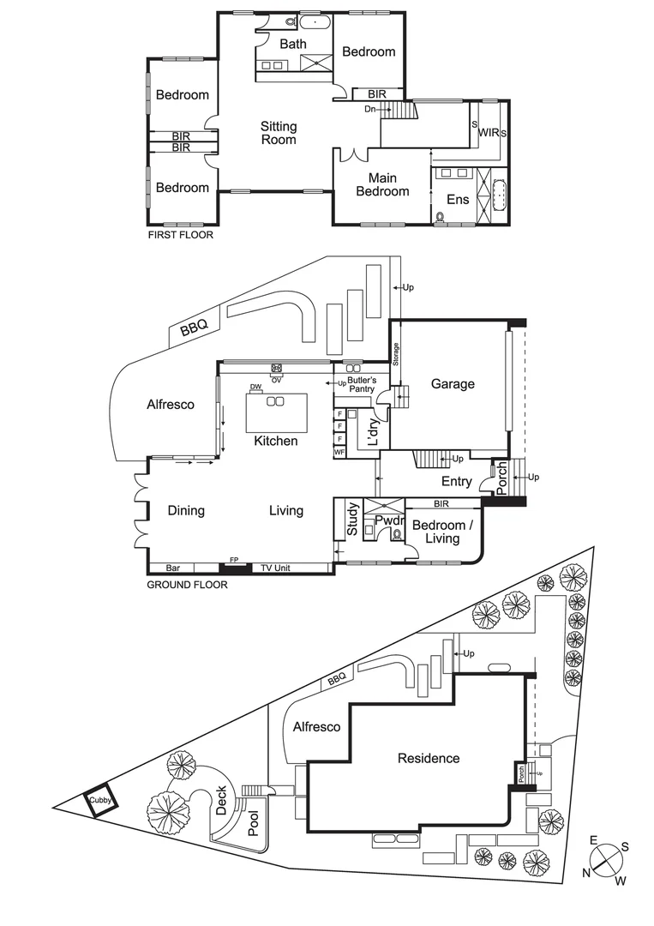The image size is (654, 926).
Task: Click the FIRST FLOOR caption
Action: click(x=180, y=234)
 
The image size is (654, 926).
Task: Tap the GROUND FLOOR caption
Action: click(x=187, y=586)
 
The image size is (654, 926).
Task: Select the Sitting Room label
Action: click(x=279, y=133)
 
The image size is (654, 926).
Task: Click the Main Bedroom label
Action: click(x=382, y=184)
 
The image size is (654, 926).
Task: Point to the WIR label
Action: click(x=489, y=133)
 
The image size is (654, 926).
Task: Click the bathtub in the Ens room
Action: click(x=498, y=196)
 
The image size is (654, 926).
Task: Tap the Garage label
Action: click(x=453, y=384)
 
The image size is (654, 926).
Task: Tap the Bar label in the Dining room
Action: click(x=173, y=568)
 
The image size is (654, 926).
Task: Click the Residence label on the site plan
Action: click(x=428, y=758)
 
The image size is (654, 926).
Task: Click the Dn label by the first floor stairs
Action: click(x=370, y=109)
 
